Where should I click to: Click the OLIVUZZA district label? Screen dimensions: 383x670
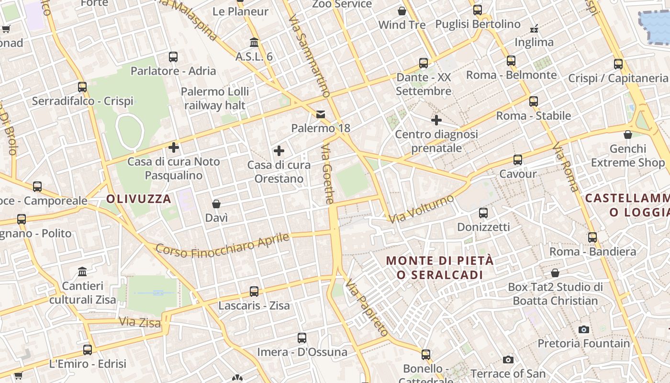click(x=139, y=199)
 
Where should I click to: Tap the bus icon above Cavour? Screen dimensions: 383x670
click(x=517, y=160)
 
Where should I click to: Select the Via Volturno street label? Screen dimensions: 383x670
click(x=421, y=209)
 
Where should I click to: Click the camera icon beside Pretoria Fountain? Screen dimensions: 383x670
click(x=583, y=329)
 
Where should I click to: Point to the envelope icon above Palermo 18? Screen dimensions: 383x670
click(x=320, y=114)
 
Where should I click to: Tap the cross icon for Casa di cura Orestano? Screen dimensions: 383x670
click(x=279, y=151)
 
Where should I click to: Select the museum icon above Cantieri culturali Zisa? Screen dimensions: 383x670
click(x=82, y=272)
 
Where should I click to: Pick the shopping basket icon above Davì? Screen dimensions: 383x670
click(x=216, y=204)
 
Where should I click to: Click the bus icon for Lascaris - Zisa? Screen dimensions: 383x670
click(x=254, y=291)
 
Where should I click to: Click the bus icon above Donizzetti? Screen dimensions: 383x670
click(x=483, y=213)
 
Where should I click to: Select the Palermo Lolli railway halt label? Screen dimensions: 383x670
click(x=215, y=98)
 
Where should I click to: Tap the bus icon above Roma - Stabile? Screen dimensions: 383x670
click(x=534, y=101)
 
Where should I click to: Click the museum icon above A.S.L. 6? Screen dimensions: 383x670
click(x=254, y=43)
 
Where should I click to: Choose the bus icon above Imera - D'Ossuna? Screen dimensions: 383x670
click(x=302, y=338)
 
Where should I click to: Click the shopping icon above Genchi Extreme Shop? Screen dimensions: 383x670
click(x=628, y=135)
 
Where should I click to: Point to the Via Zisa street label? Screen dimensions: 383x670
click(x=140, y=322)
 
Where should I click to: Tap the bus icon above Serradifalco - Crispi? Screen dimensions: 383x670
click(x=82, y=87)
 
